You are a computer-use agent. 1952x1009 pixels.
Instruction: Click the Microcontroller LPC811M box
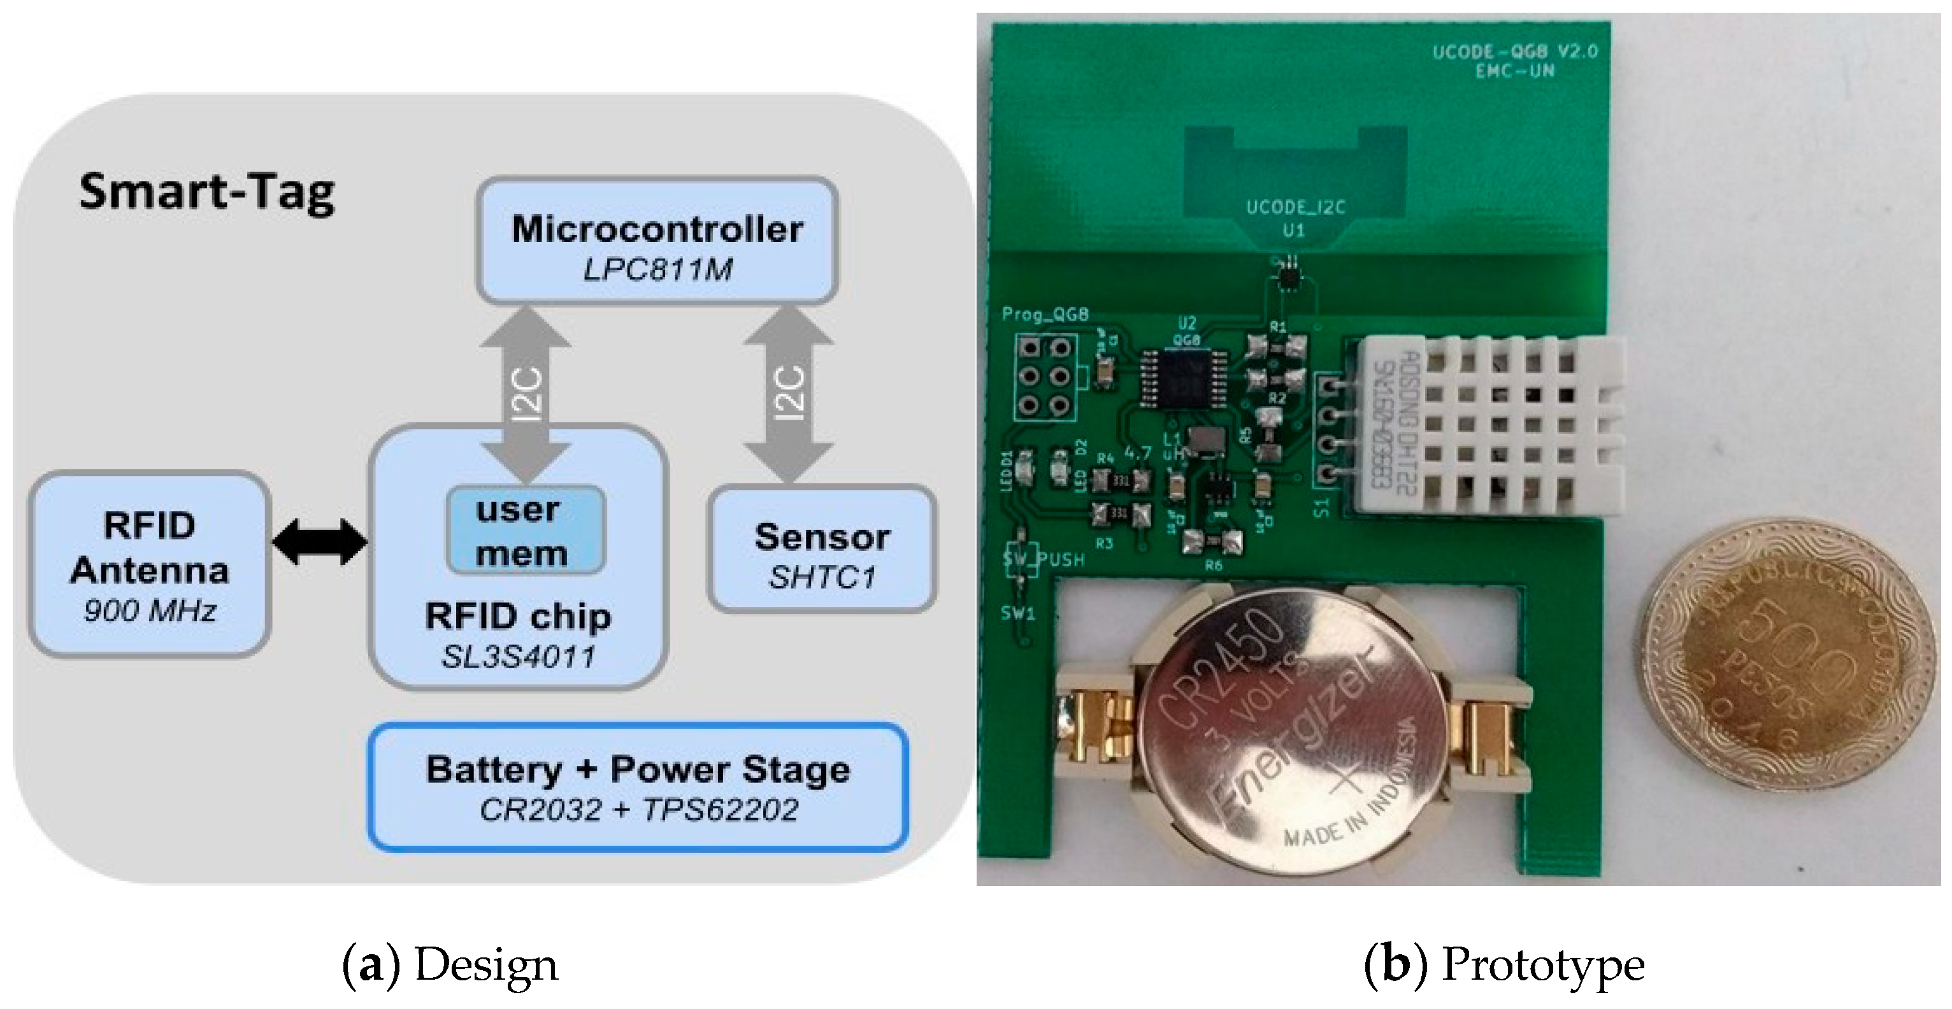(657, 241)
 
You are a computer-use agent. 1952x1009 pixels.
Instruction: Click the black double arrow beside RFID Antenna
(320, 541)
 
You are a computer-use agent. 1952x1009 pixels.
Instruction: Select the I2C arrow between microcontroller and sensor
(789, 392)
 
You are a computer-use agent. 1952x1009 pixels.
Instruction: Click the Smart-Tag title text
(206, 192)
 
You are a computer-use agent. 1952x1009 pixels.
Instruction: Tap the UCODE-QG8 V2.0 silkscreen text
(1514, 52)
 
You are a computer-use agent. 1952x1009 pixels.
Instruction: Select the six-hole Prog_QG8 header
(1044, 377)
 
